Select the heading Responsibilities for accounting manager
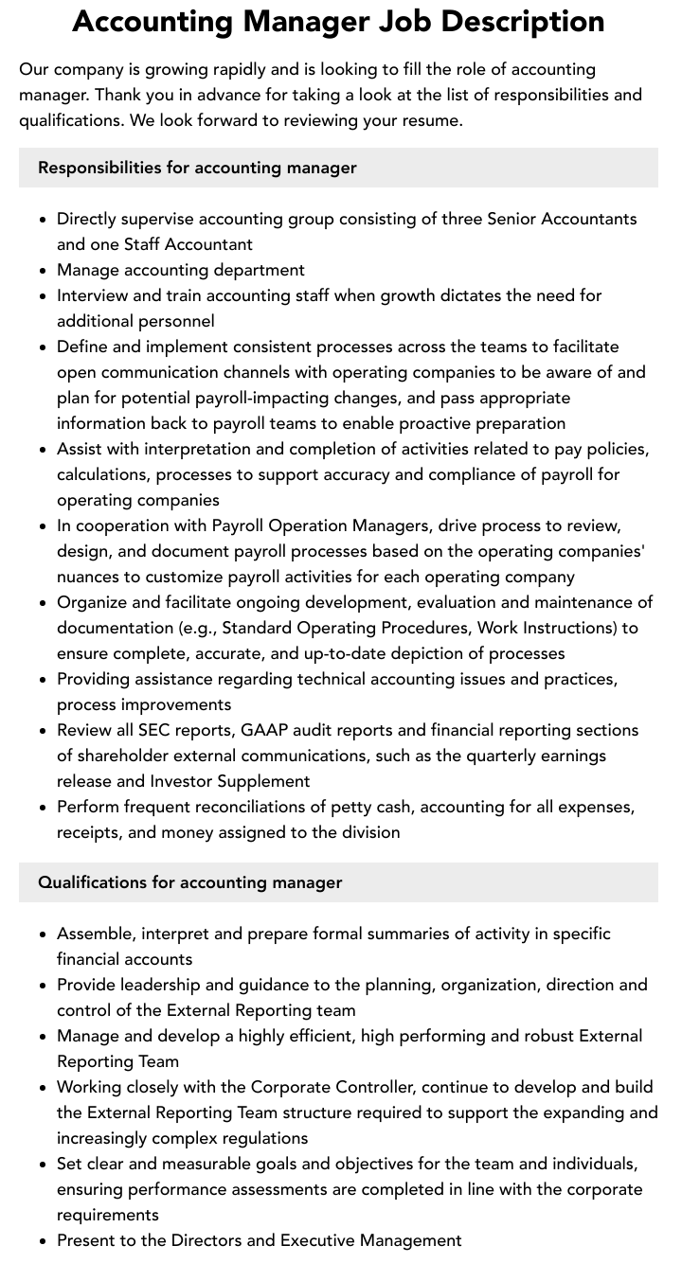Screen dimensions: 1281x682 tap(197, 168)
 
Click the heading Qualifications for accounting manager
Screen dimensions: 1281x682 tap(189, 882)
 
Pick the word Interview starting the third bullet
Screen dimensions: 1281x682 tap(91, 295)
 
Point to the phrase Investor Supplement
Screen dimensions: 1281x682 tap(230, 781)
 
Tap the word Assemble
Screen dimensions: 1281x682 tap(95, 934)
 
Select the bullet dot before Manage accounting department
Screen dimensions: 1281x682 tap(44, 271)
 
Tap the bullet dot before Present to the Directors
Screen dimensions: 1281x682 tap(44, 1241)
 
